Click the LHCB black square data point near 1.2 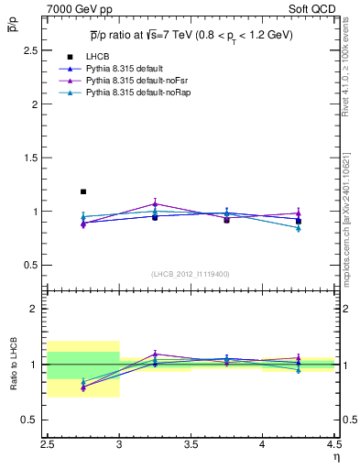(83, 191)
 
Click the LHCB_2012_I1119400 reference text (191, 273)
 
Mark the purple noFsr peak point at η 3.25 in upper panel (155, 203)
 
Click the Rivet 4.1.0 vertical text (352, 73)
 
